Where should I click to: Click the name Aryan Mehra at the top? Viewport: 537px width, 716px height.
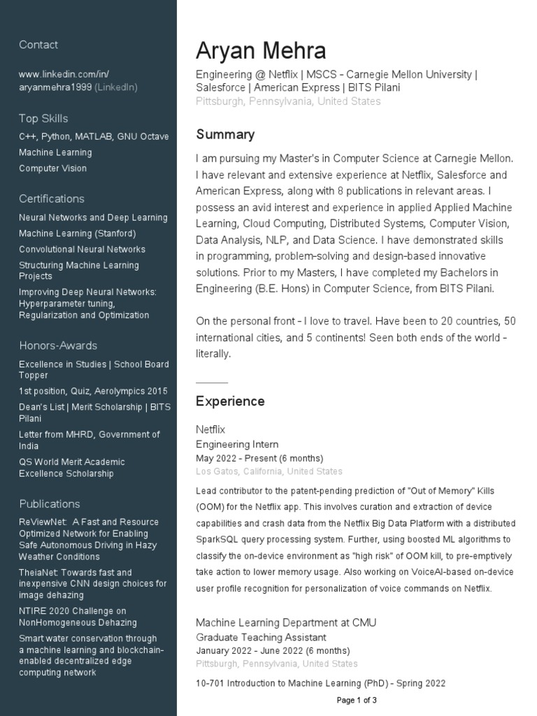pyautogui.click(x=261, y=51)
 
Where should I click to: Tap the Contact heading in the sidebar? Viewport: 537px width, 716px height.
pyautogui.click(x=38, y=45)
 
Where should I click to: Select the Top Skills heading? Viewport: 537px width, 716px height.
pyautogui.click(x=43, y=118)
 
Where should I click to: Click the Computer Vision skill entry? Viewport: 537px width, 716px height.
pyautogui.click(x=53, y=169)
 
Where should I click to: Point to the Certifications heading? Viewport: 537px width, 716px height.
pyautogui.click(x=52, y=199)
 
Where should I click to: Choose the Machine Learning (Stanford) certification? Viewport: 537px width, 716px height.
pyautogui.click(x=78, y=234)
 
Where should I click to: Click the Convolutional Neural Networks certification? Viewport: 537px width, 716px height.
pyautogui.click(x=83, y=250)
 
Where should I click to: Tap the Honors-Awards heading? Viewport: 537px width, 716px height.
pyautogui.click(x=58, y=345)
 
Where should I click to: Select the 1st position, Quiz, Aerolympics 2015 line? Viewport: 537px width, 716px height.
pyautogui.click(x=93, y=392)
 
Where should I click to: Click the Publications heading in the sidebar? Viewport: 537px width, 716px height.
pyautogui.click(x=50, y=503)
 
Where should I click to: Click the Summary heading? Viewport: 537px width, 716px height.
pyautogui.click(x=225, y=134)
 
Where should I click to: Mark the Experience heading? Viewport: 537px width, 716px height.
pyautogui.click(x=230, y=401)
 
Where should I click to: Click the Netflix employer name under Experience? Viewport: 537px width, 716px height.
pyautogui.click(x=210, y=429)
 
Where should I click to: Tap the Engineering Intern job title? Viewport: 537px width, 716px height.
pyautogui.click(x=237, y=444)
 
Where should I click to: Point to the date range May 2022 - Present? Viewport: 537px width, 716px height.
pyautogui.click(x=259, y=458)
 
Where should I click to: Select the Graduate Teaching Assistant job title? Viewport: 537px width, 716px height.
pyautogui.click(x=261, y=637)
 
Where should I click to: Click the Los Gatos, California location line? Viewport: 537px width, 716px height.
pyautogui.click(x=269, y=472)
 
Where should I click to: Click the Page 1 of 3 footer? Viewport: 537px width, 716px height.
pyautogui.click(x=357, y=700)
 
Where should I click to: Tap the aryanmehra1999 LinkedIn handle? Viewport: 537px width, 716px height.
pyautogui.click(x=55, y=87)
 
